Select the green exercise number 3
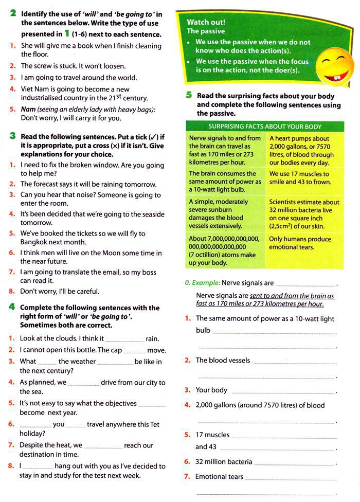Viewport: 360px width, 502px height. (12, 136)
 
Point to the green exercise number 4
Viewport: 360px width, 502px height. (12, 307)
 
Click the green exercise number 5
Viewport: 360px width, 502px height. (189, 95)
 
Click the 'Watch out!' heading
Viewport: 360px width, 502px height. (206, 22)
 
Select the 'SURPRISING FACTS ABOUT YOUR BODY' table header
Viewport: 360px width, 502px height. (265, 127)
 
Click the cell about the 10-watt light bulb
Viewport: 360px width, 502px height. (226, 182)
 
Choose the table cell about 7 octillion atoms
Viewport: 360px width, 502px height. (226, 250)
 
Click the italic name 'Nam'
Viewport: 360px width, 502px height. (28, 110)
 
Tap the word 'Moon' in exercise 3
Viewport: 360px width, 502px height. (127, 253)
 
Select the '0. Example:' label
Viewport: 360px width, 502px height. (203, 283)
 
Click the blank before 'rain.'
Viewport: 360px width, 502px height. (124, 339)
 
